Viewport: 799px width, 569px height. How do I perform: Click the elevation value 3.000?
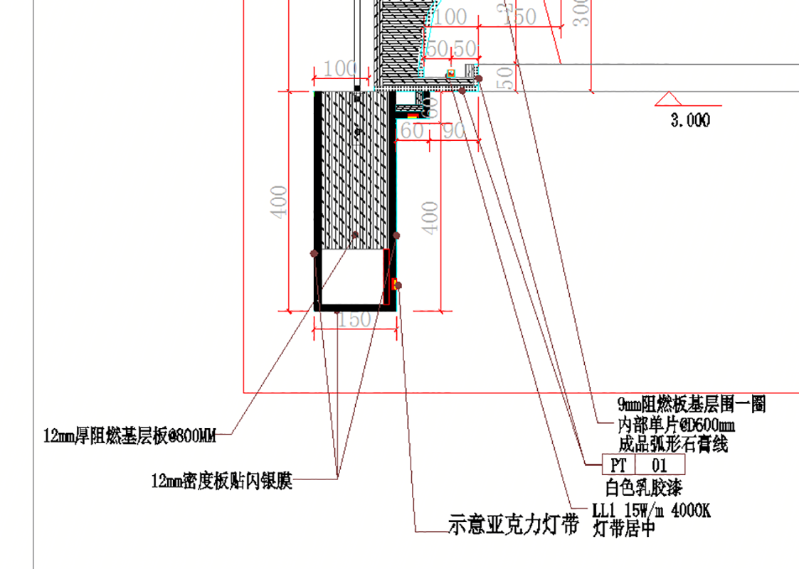click(x=690, y=121)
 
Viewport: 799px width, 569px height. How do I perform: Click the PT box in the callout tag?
click(x=618, y=465)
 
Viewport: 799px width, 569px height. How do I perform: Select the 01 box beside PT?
click(x=660, y=465)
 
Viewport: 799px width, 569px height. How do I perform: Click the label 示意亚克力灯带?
click(x=512, y=525)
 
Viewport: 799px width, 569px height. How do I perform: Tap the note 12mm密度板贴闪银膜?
click(x=221, y=482)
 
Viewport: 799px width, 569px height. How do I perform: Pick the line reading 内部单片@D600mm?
click(x=676, y=425)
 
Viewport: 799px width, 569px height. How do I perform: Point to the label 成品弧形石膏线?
click(x=672, y=445)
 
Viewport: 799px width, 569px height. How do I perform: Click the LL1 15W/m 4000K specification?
click(x=651, y=511)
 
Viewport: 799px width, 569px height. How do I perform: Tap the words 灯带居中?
click(x=623, y=529)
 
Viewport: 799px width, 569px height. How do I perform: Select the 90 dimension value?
click(x=454, y=131)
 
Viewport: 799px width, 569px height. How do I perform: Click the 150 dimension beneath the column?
click(x=354, y=319)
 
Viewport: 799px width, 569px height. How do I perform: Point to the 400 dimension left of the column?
click(x=280, y=201)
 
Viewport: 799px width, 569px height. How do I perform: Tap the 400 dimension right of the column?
click(x=431, y=216)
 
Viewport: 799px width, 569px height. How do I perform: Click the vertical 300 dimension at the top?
click(x=582, y=13)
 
